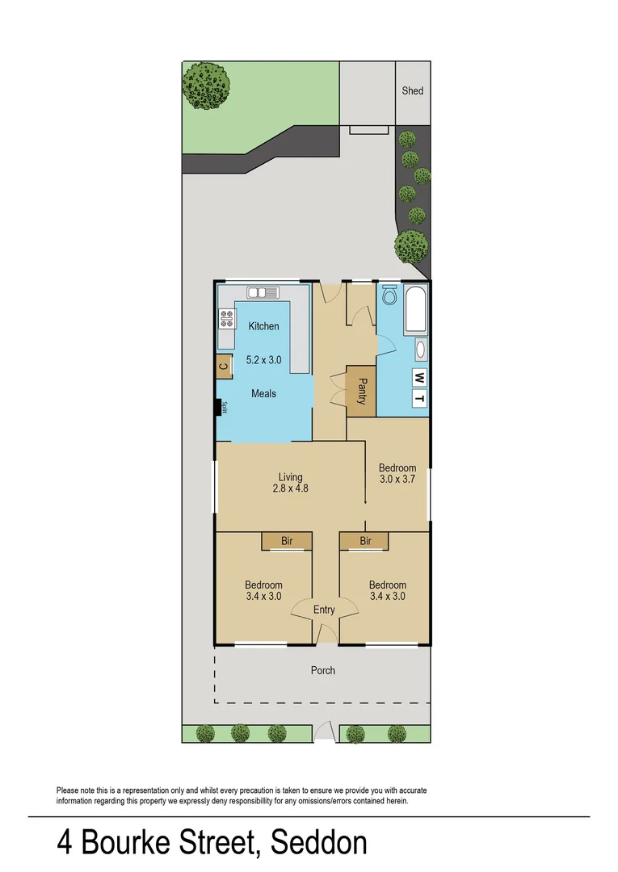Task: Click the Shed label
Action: (412, 91)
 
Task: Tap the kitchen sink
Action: (263, 292)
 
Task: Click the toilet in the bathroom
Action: (389, 296)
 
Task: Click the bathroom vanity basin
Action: (419, 350)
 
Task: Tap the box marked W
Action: (419, 377)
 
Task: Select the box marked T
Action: (419, 399)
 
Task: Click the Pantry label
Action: (362, 392)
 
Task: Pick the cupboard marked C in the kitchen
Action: (224, 367)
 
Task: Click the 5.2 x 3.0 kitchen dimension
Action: (263, 360)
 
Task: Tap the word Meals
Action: (263, 393)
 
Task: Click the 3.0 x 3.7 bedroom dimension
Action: (397, 479)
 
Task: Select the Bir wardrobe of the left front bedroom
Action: (286, 541)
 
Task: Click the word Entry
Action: (324, 610)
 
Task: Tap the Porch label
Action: (323, 670)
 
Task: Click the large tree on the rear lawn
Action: (207, 85)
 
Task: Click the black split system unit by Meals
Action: (218, 407)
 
